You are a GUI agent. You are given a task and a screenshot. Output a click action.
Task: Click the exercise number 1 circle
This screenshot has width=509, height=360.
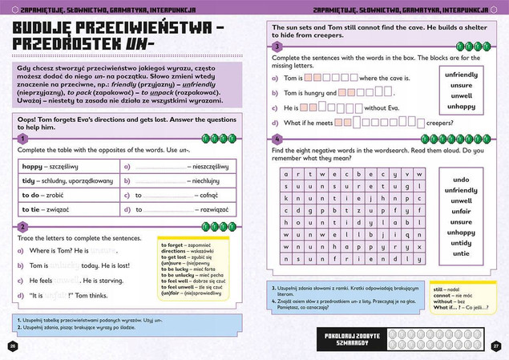point(23,139)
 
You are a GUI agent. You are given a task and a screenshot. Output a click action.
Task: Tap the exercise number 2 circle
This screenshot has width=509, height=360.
point(23,227)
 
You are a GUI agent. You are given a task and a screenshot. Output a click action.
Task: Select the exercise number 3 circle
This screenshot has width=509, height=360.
point(277,47)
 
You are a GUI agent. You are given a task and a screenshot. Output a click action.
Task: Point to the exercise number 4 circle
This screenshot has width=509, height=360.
point(277,139)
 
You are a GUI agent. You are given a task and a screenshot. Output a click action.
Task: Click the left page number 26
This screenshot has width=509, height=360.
point(12,346)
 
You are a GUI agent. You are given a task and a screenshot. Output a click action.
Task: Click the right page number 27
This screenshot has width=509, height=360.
point(496,346)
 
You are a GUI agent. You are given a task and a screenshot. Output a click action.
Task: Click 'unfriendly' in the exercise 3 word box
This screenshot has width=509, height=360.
point(461,74)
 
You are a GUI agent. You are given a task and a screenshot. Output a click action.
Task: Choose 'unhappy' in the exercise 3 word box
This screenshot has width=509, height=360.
point(461,106)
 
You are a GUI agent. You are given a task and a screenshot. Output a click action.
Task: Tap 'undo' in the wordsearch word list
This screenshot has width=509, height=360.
point(461,180)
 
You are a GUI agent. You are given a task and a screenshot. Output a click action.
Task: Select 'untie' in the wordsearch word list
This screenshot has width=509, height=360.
point(461,253)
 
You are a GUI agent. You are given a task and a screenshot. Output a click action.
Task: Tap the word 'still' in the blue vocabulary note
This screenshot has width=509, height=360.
point(438,286)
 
